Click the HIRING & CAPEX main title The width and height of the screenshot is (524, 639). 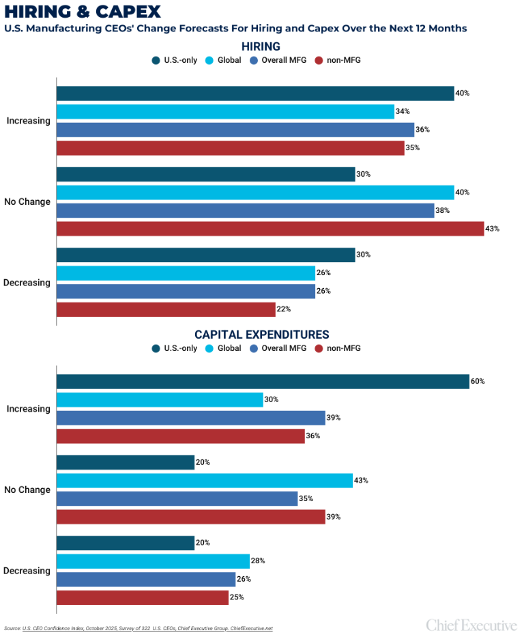point(83,12)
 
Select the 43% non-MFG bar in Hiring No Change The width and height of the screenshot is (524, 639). point(270,229)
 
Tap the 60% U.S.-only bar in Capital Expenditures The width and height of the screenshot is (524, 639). point(262,382)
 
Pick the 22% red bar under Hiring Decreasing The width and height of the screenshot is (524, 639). point(166,309)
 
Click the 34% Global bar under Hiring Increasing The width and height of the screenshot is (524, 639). point(225,111)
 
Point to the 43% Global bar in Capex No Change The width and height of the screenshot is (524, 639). point(204,481)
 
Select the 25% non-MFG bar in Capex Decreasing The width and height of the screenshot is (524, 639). point(142,597)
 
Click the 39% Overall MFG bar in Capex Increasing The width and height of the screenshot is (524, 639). point(190,418)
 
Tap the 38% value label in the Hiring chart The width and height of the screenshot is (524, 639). point(443,211)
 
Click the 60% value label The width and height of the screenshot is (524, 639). point(478,382)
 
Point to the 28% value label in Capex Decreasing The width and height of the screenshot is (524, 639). point(258,561)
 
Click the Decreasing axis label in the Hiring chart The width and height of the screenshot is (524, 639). point(28,283)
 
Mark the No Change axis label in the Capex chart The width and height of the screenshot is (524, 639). point(27,489)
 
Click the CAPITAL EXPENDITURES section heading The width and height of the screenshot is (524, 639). point(262,335)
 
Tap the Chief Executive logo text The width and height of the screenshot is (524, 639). point(471,625)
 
